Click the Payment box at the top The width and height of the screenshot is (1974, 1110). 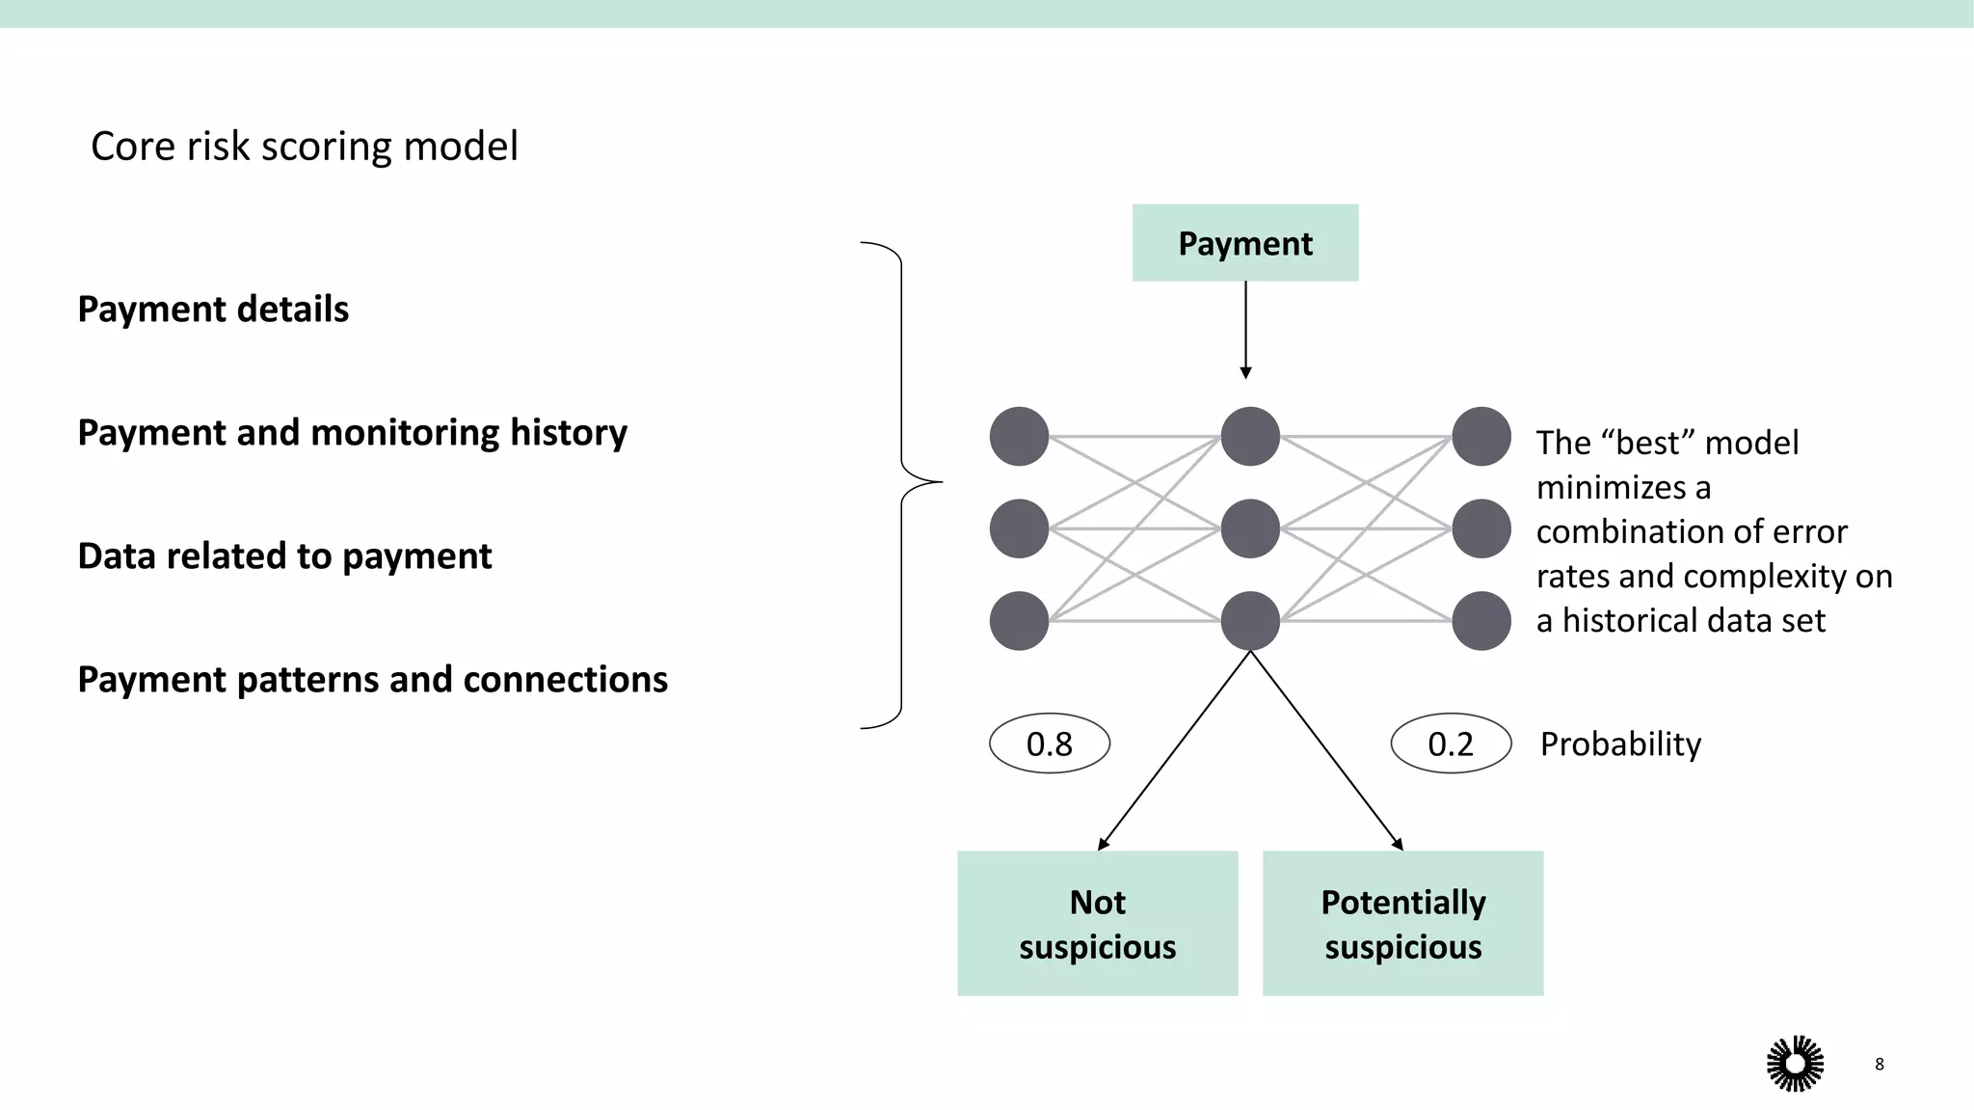click(x=1244, y=243)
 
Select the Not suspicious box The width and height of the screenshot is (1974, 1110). click(x=1097, y=923)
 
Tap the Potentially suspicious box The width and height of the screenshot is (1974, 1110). click(x=1402, y=923)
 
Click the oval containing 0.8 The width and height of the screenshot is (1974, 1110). click(x=1050, y=744)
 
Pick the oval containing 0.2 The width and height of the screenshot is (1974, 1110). click(x=1451, y=744)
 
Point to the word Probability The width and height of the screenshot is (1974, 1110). click(x=1620, y=744)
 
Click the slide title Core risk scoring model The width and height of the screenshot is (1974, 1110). click(x=304, y=147)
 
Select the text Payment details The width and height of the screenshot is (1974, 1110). click(x=213, y=310)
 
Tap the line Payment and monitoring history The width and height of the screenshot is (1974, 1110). click(x=352, y=433)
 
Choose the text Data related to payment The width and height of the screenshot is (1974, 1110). click(x=284, y=556)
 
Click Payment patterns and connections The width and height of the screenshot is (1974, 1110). click(x=372, y=680)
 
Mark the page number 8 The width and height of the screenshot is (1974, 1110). click(x=1879, y=1064)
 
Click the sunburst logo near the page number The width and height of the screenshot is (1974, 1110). click(x=1795, y=1064)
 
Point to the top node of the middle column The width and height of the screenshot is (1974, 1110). click(x=1250, y=436)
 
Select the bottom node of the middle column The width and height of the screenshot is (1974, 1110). click(x=1250, y=621)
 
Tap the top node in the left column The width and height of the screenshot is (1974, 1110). click(x=1019, y=436)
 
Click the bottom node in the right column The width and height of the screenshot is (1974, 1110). click(x=1481, y=621)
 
